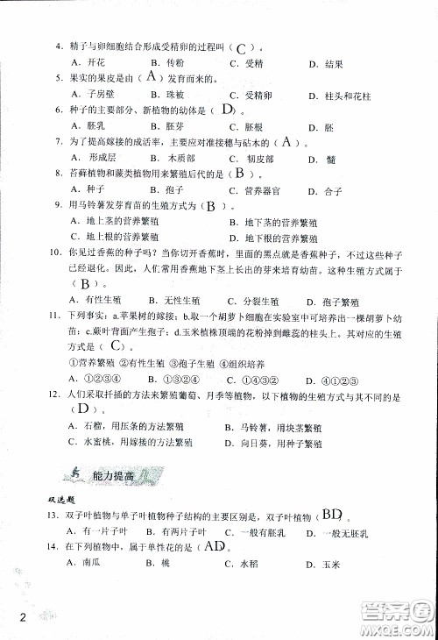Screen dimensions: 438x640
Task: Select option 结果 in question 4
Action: click(330, 64)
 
